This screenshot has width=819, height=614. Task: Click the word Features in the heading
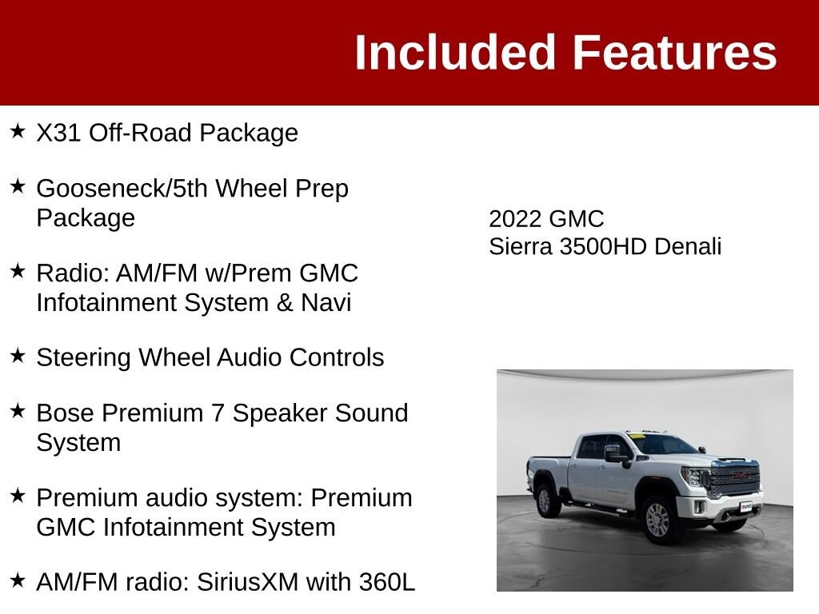[x=675, y=52]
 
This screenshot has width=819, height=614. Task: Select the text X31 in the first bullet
[x=58, y=133]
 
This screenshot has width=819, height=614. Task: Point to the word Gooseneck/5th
[x=122, y=189]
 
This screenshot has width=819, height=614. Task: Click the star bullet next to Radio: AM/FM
[x=18, y=270]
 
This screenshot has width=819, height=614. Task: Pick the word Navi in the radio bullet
[x=326, y=303]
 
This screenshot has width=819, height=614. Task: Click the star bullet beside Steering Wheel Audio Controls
[x=18, y=356]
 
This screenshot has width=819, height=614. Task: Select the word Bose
[x=66, y=413]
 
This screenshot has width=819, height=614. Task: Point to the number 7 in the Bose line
[x=218, y=413]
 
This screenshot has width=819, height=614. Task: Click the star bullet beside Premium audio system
[x=18, y=496]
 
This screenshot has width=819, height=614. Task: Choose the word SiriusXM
[x=247, y=582]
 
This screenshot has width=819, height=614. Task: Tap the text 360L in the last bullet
[x=387, y=582]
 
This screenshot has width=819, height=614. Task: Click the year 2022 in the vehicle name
[x=515, y=219]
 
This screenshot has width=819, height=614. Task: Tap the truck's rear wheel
[x=545, y=500]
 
